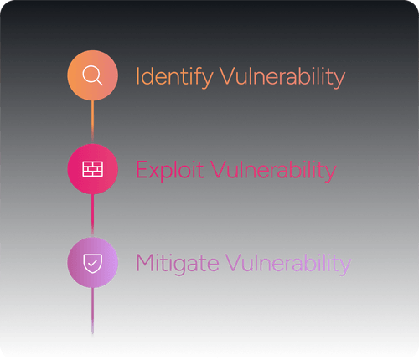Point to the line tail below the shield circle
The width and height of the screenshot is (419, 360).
[x=92, y=310]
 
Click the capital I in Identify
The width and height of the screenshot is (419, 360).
[x=138, y=77]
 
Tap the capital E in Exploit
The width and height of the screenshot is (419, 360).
[x=141, y=171]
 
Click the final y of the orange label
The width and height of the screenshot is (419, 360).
[x=339, y=80]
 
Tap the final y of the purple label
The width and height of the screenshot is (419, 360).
[x=345, y=267]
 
